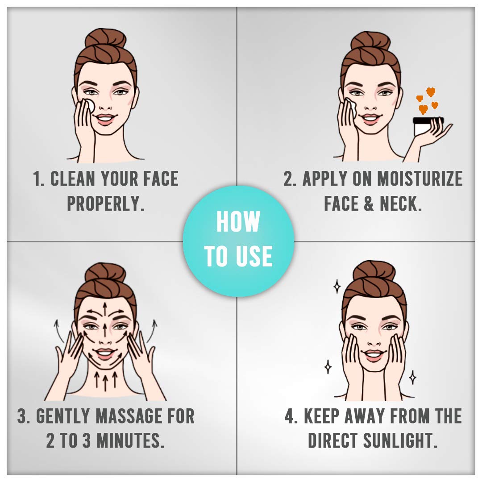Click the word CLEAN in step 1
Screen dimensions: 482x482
[73, 179]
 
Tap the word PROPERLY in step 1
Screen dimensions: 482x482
[105, 204]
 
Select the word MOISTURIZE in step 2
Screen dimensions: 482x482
[420, 179]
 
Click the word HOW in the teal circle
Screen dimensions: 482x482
[238, 222]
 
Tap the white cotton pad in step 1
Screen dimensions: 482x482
[90, 106]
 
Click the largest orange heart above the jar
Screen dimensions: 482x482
[431, 92]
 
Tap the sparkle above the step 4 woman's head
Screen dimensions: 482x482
[337, 286]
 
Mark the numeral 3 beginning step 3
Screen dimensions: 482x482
[23, 416]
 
